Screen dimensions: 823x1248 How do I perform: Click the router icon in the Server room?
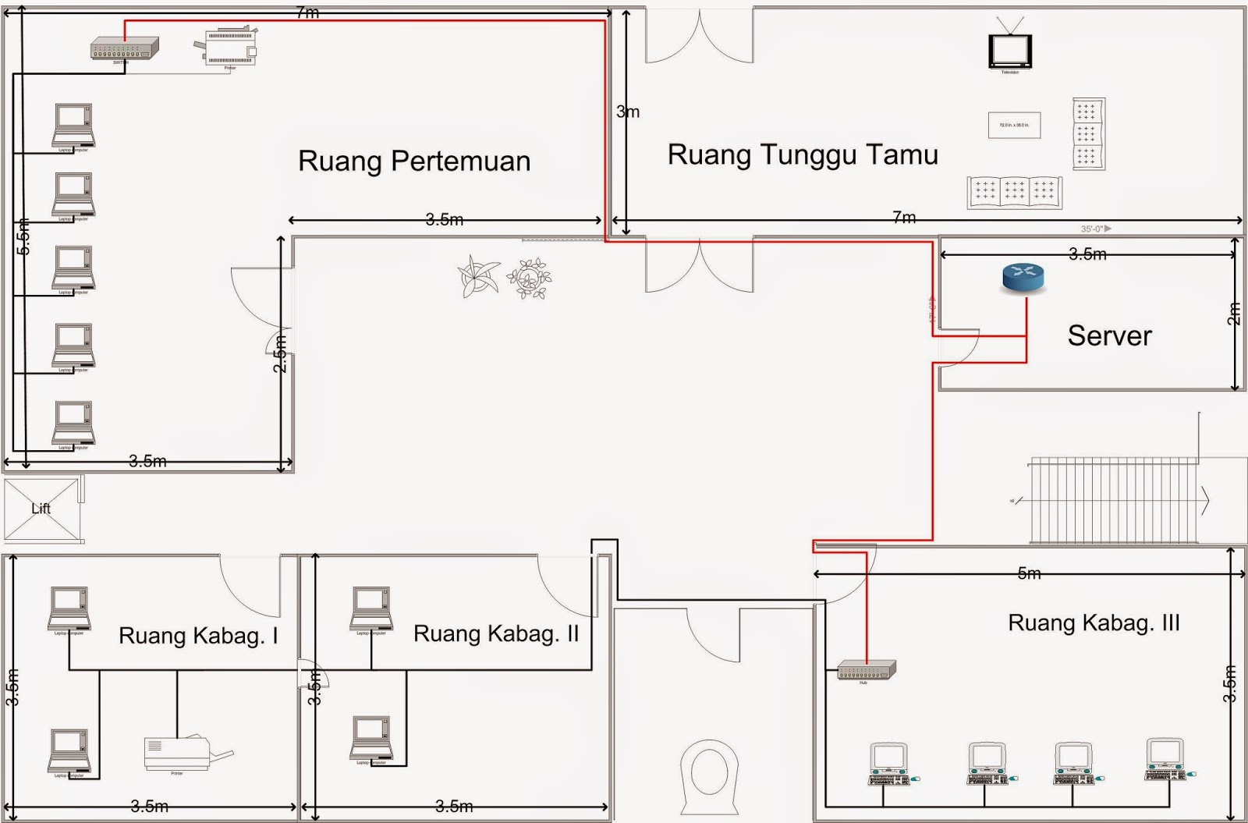1023,278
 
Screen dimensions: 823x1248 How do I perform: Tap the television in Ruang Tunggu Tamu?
1010,51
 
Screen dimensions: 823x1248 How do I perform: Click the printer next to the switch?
229,48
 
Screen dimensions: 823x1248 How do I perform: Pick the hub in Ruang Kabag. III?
866,670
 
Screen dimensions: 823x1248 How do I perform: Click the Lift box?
41,509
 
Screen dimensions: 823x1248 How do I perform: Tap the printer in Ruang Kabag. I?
179,754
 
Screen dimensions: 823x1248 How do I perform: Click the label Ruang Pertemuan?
414,161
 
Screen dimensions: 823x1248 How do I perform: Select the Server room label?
1109,336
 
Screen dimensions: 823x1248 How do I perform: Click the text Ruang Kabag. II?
496,633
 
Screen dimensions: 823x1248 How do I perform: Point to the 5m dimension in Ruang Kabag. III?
1029,574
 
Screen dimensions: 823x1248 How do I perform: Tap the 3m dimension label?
628,112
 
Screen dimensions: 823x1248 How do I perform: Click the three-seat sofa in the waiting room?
1014,192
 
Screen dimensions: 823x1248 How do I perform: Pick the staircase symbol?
1114,500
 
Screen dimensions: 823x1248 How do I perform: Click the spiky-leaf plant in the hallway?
477,276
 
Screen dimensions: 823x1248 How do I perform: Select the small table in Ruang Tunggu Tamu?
1014,125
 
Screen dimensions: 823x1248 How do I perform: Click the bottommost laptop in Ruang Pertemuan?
73,424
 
